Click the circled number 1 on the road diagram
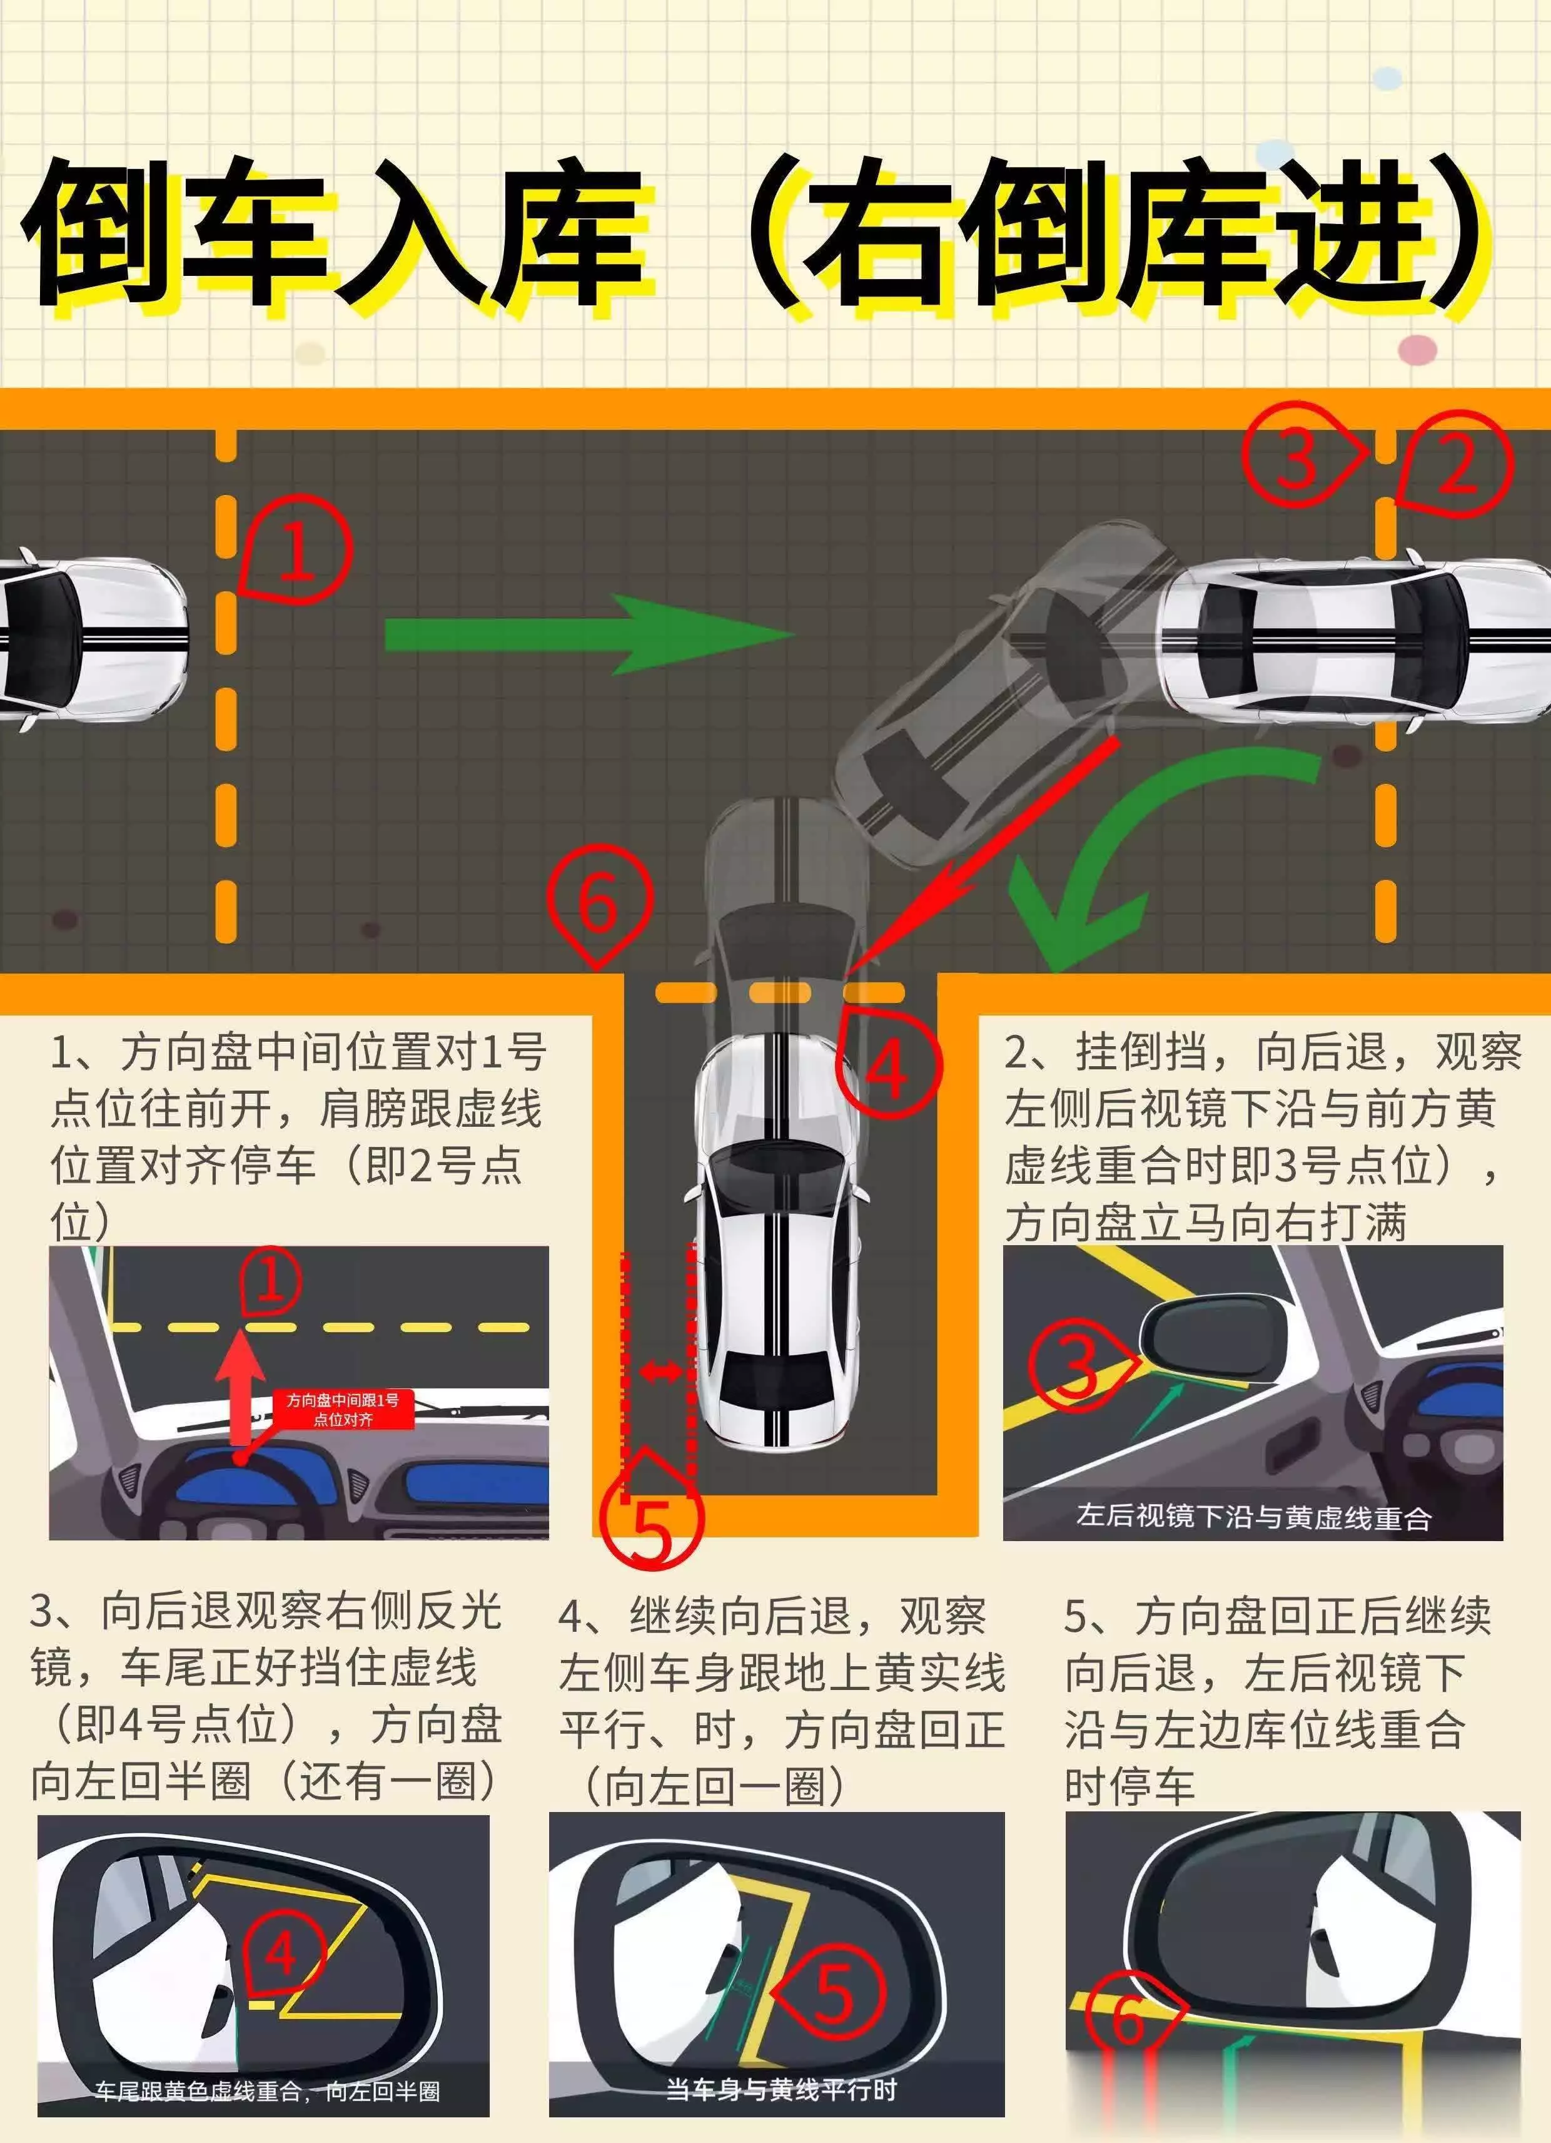(296, 551)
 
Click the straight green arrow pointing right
(585, 634)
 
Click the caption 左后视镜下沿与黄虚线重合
(1253, 1517)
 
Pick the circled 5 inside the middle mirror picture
(833, 1993)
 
